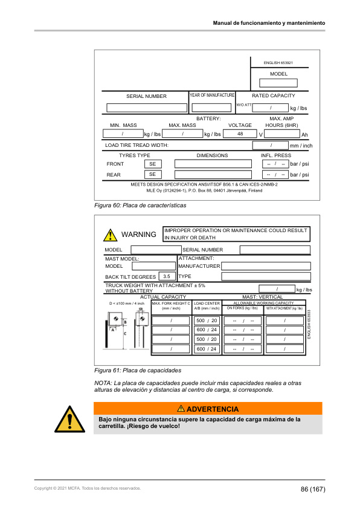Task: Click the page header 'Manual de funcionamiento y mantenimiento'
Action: click(x=269, y=22)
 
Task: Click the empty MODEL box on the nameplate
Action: click(x=278, y=83)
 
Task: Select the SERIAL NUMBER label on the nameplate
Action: click(x=146, y=96)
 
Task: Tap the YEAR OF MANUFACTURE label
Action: click(x=212, y=96)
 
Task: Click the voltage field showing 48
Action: click(x=240, y=134)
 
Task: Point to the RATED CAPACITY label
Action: click(x=274, y=96)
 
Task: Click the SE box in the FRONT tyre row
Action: click(x=152, y=164)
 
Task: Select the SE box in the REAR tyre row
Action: click(x=152, y=175)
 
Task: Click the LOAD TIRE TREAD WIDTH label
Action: click(x=137, y=146)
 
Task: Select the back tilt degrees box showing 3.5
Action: click(x=163, y=276)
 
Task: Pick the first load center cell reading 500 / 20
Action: click(x=207, y=320)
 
